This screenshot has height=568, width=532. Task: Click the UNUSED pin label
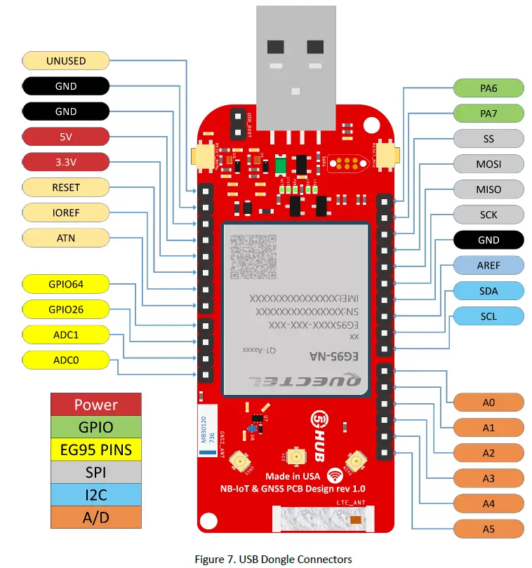pos(66,61)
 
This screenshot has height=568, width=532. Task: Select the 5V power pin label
pos(66,137)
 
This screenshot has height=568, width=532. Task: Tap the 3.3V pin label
pos(66,162)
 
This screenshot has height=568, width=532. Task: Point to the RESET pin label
pos(66,187)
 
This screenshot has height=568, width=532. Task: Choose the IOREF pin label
pos(66,212)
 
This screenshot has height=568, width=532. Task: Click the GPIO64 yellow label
pos(66,284)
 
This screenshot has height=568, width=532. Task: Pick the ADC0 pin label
pos(66,360)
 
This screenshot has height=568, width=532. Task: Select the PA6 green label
pos(488,88)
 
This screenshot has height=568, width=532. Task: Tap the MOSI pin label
pos(488,164)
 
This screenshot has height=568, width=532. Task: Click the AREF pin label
pos(488,265)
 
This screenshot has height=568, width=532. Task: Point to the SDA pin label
pos(488,290)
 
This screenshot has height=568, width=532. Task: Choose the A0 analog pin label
pos(488,403)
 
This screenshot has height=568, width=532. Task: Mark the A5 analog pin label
pos(488,529)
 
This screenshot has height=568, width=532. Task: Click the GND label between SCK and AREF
pos(488,240)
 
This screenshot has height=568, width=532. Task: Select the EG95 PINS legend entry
pos(96,449)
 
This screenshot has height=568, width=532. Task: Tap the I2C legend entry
pos(96,494)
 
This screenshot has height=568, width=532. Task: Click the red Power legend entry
pos(96,405)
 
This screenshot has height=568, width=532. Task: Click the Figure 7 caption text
pos(273,559)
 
